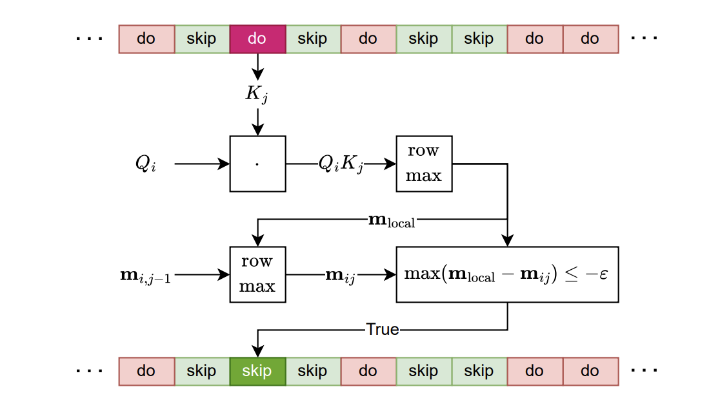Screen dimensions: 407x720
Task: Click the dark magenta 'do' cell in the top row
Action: [257, 39]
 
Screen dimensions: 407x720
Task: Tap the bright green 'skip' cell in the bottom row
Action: [257, 372]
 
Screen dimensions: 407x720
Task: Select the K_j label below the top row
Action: [257, 94]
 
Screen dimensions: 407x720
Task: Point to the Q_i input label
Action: [145, 164]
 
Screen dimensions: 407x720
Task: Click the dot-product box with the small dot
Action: [257, 164]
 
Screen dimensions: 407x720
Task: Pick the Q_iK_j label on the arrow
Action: [341, 164]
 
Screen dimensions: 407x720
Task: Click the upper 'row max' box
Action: [424, 164]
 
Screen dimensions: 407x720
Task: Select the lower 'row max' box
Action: [257, 274]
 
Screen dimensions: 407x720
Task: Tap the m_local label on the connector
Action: [391, 220]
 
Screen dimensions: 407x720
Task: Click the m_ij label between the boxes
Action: [341, 275]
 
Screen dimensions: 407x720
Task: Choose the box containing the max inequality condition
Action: [507, 274]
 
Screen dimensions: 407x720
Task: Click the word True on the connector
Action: [383, 330]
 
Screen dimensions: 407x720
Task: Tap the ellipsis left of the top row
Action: [90, 39]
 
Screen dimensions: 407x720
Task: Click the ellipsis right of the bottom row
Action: [645, 372]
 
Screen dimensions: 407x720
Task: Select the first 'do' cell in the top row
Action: [146, 39]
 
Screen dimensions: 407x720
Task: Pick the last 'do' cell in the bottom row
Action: [590, 372]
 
